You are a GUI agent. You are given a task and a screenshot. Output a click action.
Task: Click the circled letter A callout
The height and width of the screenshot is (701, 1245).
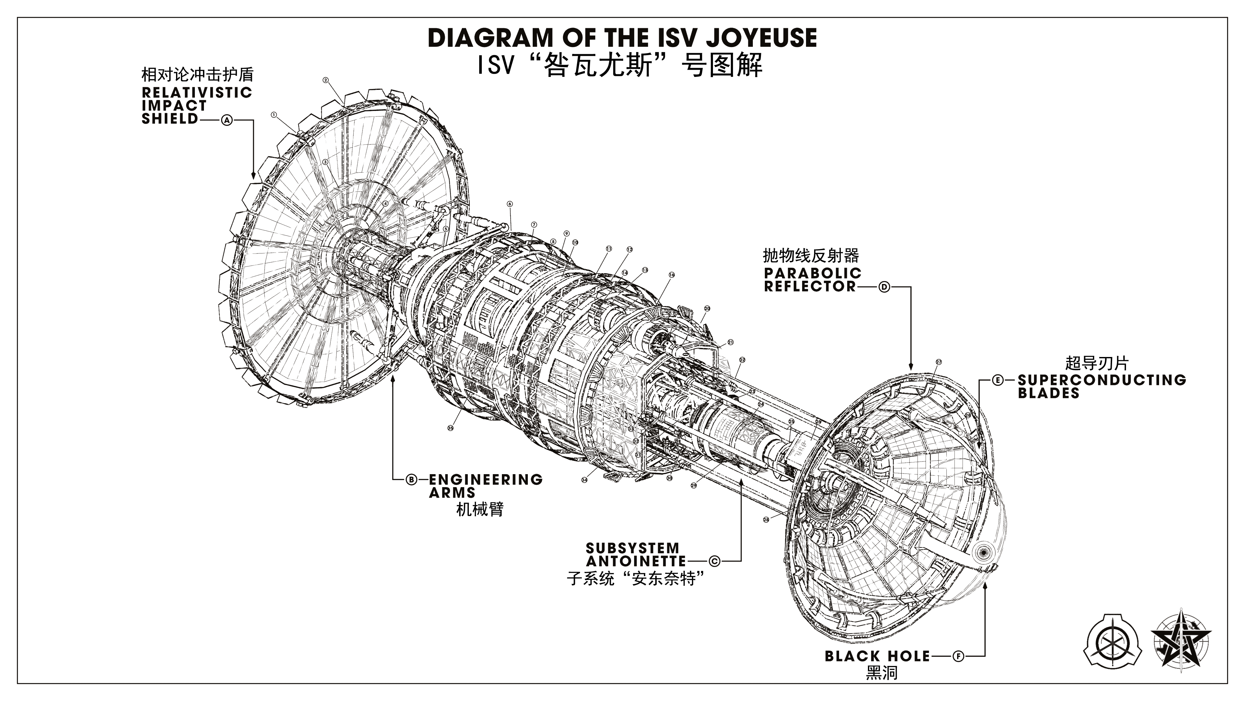pos(227,120)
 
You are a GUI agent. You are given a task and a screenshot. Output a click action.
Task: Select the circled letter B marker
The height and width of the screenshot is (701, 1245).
pos(411,479)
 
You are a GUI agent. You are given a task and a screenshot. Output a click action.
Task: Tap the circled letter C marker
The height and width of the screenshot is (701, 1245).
pos(714,561)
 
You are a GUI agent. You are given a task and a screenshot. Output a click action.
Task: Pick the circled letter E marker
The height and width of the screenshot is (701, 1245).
pos(998,380)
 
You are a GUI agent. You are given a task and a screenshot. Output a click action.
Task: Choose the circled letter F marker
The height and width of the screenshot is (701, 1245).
pos(958,657)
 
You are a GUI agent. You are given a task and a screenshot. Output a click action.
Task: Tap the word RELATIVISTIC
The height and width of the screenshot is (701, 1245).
pos(197,92)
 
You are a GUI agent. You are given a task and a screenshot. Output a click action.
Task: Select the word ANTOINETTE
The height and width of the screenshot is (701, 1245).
pos(635,561)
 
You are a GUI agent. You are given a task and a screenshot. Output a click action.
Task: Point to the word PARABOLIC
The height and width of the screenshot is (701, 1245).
pos(812,273)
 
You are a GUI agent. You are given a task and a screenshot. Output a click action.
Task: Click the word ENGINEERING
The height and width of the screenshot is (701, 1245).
pos(485,479)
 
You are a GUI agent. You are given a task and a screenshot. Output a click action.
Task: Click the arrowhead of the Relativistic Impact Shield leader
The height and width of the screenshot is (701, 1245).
pos(253,176)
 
